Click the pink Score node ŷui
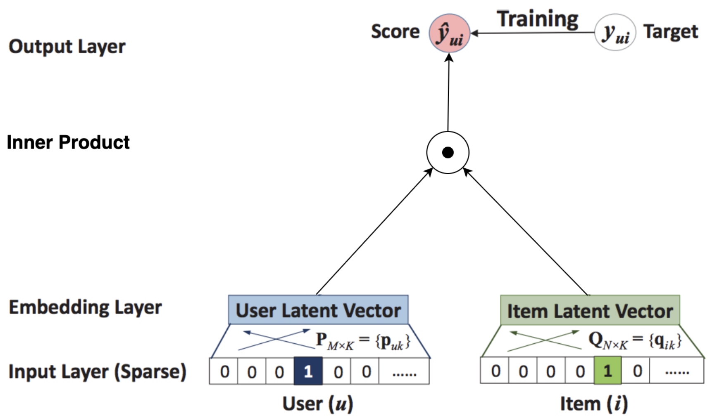449,33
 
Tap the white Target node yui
615,33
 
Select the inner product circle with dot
448,152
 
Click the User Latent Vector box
318,310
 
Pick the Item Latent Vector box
590,311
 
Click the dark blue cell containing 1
308,371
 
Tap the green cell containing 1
607,371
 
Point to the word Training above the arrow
537,19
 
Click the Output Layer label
67,47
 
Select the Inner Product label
68,142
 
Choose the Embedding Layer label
85,307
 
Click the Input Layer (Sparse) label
97,371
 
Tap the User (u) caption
317,404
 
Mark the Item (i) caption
593,404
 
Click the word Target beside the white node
670,32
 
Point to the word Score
395,32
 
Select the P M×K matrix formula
363,341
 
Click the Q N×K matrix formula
634,341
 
